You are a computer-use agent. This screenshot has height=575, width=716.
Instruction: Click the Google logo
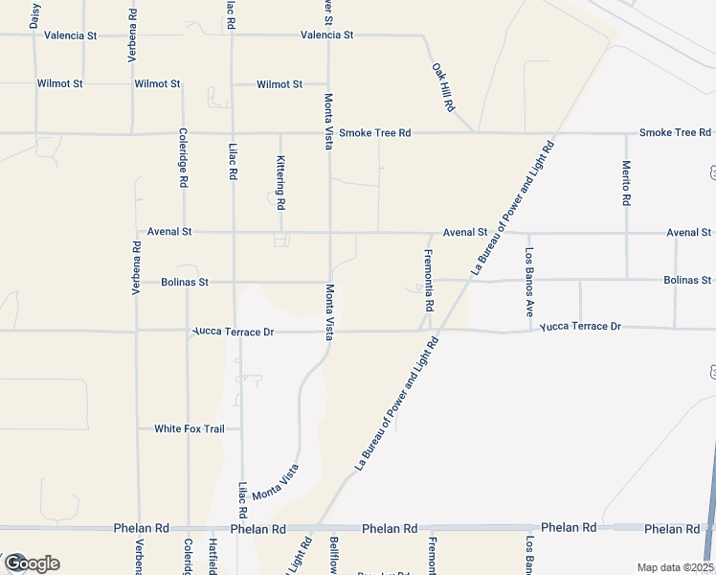click(32, 563)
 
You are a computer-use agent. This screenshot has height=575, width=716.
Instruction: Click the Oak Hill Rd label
click(441, 84)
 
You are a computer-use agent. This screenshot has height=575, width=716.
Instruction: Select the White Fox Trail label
click(190, 428)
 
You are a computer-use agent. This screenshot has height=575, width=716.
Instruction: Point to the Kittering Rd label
click(281, 183)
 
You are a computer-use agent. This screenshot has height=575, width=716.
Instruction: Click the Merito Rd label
click(626, 182)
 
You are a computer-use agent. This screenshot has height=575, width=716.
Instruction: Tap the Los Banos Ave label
click(528, 283)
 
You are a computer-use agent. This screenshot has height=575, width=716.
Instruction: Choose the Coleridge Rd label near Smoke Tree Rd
click(182, 164)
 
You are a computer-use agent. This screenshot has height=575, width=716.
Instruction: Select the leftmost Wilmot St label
click(60, 84)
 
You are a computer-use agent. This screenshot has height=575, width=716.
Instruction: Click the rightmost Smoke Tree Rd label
click(675, 132)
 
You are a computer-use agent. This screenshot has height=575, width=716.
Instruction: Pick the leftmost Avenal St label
click(170, 232)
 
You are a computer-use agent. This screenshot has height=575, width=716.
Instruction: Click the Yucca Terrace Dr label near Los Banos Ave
click(580, 327)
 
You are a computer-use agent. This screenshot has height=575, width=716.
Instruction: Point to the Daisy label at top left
click(35, 16)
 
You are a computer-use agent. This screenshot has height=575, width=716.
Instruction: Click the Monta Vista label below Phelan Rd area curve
click(276, 486)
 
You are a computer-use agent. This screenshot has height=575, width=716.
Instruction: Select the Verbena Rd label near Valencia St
click(132, 36)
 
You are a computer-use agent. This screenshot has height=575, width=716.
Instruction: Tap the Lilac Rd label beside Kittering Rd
click(233, 163)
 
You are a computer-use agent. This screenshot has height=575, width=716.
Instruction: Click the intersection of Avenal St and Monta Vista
click(330, 232)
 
